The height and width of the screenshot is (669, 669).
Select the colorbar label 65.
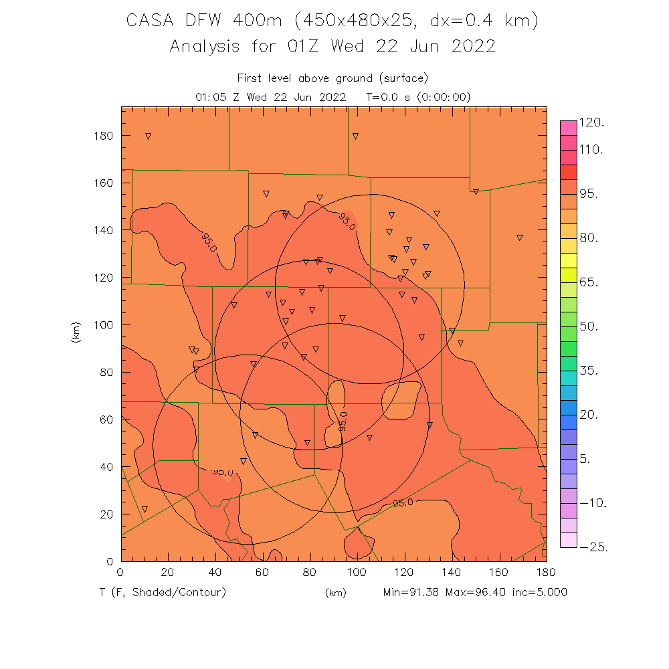tap(592, 282)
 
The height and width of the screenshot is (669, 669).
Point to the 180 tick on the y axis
tap(104, 136)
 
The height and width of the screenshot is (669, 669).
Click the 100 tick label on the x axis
tap(357, 573)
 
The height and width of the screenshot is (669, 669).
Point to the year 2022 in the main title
tap(473, 47)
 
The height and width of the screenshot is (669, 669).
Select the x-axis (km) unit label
tap(336, 593)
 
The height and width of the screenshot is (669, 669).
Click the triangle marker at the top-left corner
tap(148, 136)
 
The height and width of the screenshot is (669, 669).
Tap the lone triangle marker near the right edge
tap(519, 237)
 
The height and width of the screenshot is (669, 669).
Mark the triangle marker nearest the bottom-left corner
tap(145, 509)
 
